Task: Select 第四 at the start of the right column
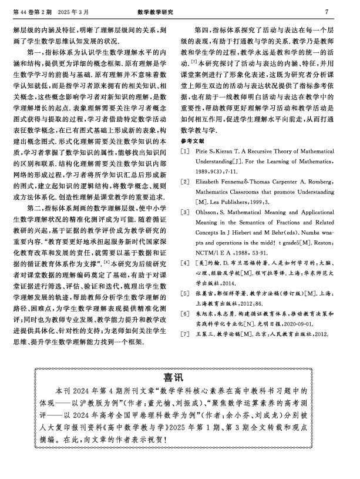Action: [210, 29]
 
